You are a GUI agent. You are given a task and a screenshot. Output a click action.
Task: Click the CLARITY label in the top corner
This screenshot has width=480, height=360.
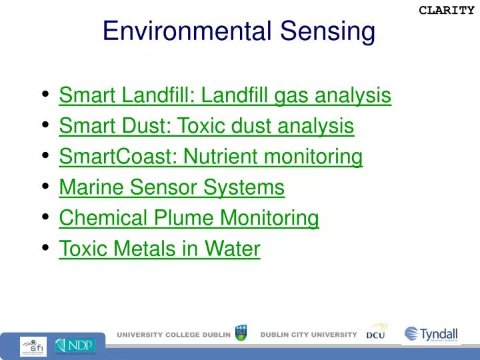pyautogui.click(x=446, y=10)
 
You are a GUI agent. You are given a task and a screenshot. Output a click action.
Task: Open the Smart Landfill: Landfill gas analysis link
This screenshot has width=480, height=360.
pyautogui.click(x=225, y=96)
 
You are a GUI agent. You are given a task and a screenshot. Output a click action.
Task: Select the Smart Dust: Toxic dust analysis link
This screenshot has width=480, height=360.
pyautogui.click(x=206, y=127)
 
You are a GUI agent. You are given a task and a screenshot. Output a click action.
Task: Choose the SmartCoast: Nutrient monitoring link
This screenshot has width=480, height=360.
pyautogui.click(x=211, y=157)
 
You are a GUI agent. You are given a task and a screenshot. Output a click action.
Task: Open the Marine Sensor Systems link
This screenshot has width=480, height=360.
pyautogui.click(x=171, y=188)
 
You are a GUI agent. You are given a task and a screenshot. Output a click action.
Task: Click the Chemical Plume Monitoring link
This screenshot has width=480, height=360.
pyautogui.click(x=189, y=218)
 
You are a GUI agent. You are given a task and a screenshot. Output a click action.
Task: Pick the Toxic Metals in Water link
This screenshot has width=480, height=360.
pyautogui.click(x=159, y=249)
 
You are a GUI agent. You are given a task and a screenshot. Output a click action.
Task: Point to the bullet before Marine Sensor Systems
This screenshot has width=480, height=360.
pyautogui.click(x=45, y=187)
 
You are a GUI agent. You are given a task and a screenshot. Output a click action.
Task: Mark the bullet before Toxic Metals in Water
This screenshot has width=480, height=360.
pyautogui.click(x=45, y=247)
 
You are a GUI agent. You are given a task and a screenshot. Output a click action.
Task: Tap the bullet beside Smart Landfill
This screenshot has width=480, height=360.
pyautogui.click(x=45, y=95)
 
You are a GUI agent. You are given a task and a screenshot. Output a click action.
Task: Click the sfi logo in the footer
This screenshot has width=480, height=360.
pyautogui.click(x=33, y=345)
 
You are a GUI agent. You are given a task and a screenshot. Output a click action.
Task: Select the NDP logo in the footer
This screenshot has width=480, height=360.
pyautogui.click(x=75, y=345)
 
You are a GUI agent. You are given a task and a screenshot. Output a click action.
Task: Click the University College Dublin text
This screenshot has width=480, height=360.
pyautogui.click(x=174, y=335)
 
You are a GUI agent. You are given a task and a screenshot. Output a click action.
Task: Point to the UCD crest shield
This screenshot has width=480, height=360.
pyautogui.click(x=241, y=333)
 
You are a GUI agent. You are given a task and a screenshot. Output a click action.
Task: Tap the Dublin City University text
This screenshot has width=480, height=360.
pyautogui.click(x=308, y=335)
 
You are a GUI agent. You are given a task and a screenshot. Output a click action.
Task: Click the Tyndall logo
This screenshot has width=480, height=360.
pyautogui.click(x=431, y=335)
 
